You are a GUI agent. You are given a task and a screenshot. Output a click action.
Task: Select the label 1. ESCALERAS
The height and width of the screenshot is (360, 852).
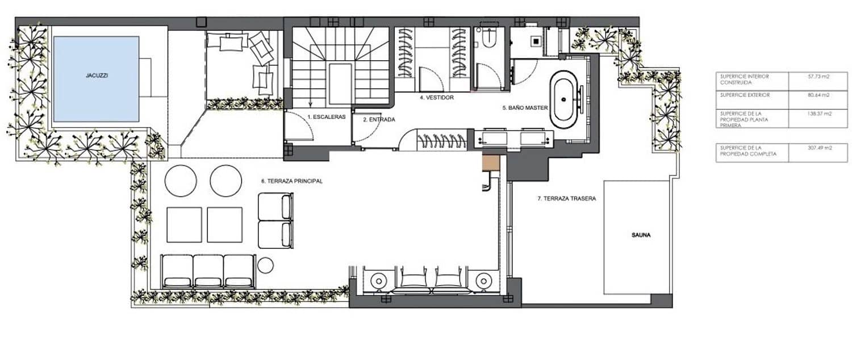327,116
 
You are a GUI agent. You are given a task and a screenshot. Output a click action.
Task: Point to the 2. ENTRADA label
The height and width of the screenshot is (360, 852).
379,120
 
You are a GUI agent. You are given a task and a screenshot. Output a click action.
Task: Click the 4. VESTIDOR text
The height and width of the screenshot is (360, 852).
436,98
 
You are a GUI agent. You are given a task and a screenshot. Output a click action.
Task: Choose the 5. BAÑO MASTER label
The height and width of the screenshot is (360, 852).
524,107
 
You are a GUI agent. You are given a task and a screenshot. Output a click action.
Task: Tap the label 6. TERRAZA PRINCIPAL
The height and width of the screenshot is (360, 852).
292,181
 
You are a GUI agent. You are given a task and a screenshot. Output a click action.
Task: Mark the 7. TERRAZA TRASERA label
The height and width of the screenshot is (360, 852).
566,199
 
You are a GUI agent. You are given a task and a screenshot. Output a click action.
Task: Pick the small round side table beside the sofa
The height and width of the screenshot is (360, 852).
265,265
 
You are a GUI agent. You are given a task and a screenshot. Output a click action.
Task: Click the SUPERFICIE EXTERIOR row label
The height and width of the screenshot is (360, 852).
745,95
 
